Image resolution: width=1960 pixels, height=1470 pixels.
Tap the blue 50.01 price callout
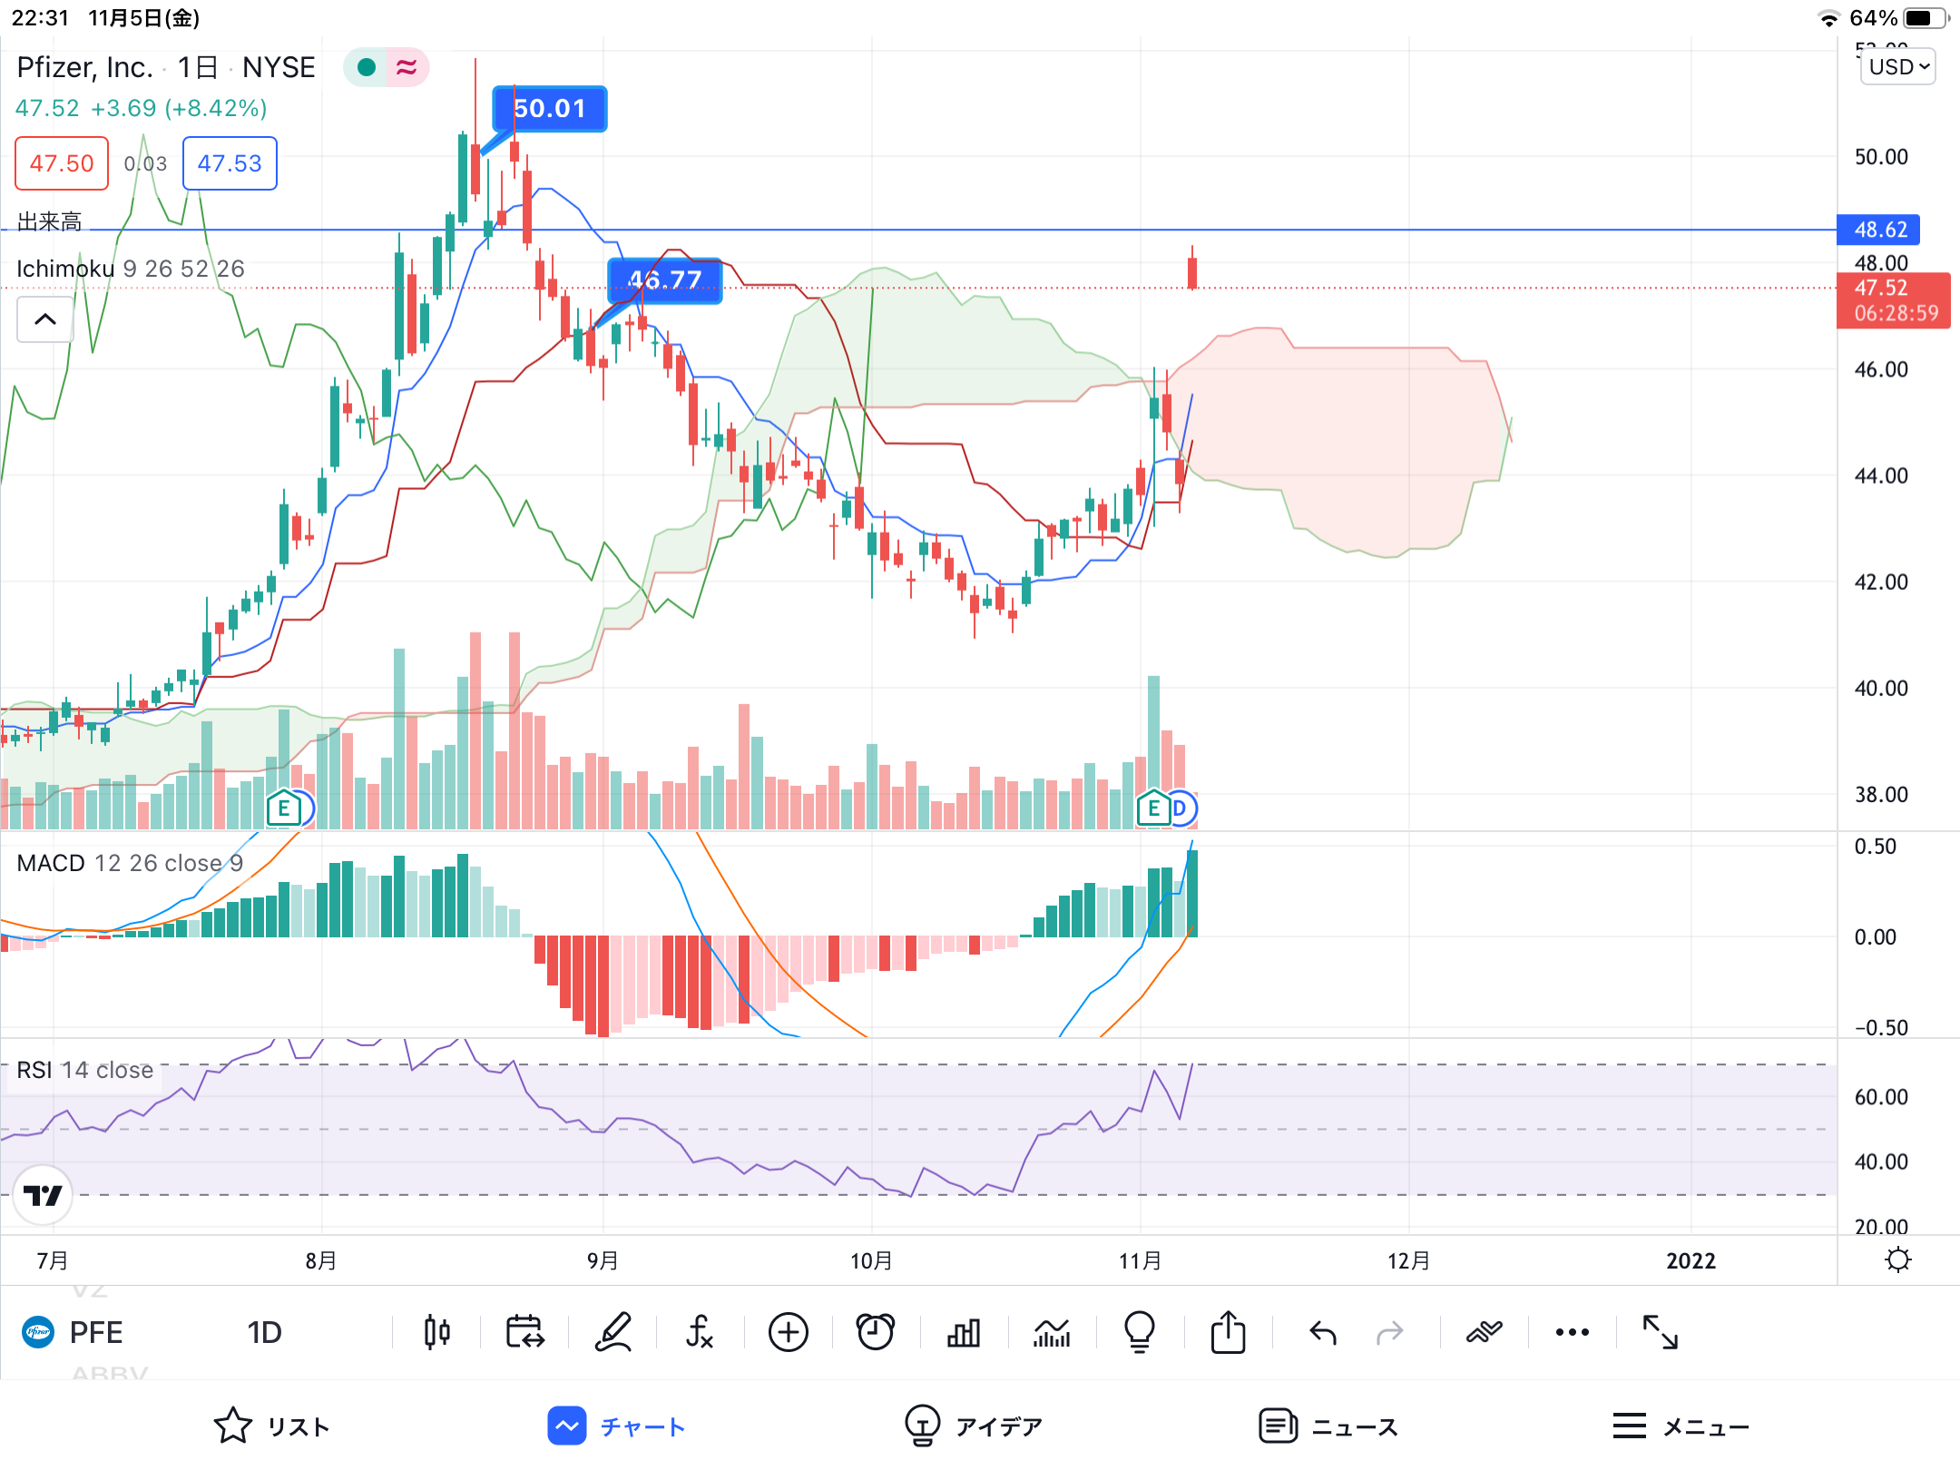(x=549, y=109)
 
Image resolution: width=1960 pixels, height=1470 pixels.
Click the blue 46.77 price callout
(x=665, y=279)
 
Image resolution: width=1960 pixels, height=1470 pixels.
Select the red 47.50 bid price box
(x=62, y=163)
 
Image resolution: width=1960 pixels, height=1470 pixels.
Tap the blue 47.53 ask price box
(x=230, y=163)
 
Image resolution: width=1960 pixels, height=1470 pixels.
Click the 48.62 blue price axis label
(x=1878, y=230)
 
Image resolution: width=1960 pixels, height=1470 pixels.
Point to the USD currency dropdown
(x=1897, y=67)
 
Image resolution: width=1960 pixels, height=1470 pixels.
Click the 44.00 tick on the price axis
(x=1880, y=475)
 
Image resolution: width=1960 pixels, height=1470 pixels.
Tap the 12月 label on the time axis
(x=1408, y=1260)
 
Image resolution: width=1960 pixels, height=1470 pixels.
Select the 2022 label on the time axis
(x=1690, y=1260)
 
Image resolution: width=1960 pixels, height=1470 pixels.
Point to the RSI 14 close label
(x=85, y=1071)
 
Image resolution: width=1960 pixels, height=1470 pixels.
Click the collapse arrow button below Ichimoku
(x=45, y=319)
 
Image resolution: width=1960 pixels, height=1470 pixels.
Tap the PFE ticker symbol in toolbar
(x=95, y=1332)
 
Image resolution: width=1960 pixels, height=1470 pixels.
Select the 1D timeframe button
(x=264, y=1332)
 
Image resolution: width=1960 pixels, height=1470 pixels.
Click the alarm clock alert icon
(x=876, y=1332)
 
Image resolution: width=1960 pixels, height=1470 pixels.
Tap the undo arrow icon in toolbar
(x=1323, y=1332)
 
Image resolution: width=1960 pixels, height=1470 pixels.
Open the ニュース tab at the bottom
(x=1328, y=1426)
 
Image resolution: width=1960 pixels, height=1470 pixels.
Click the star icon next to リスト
(x=232, y=1426)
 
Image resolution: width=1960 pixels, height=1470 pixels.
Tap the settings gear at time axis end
(x=1897, y=1260)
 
